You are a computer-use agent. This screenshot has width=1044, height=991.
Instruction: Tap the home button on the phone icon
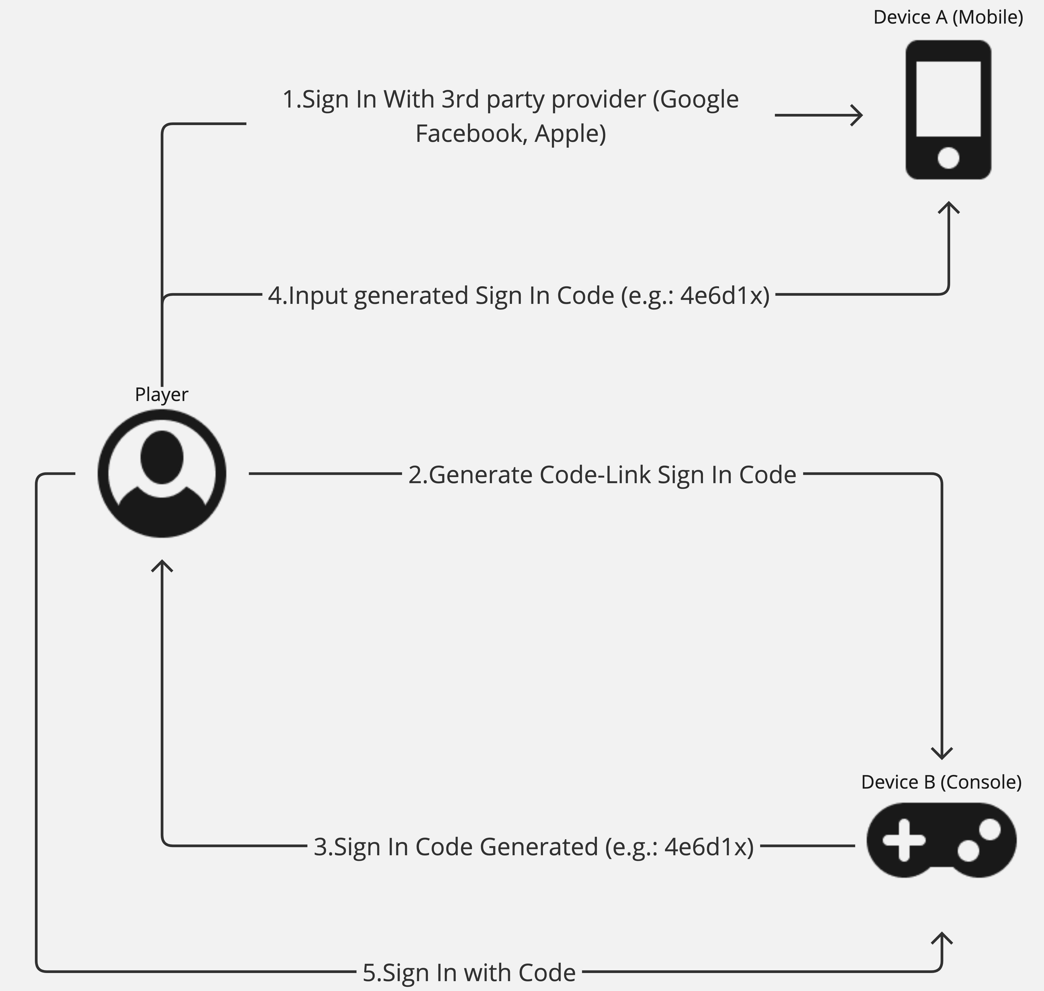click(948, 158)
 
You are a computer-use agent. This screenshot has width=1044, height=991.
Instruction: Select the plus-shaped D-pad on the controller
click(904, 840)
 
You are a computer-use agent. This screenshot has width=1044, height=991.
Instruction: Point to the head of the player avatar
click(162, 457)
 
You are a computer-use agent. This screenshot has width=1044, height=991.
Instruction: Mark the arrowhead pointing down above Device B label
click(942, 754)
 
